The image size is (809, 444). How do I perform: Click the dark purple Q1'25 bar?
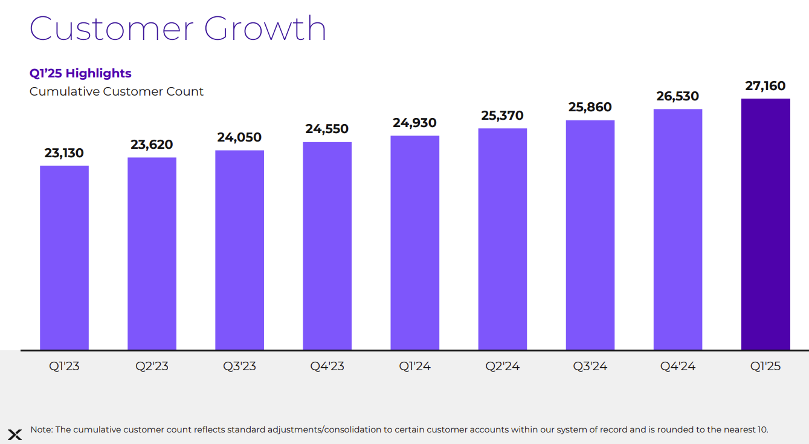pos(765,224)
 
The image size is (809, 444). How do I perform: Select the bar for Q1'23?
pos(64,257)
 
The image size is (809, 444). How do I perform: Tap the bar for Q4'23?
pos(327,246)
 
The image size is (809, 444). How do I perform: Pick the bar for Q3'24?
pos(590,235)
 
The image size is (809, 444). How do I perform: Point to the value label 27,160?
pos(765,87)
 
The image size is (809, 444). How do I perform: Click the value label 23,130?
pos(64,153)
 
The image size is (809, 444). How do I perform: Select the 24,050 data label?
pos(239,137)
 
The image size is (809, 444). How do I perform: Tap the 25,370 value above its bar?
pos(502,116)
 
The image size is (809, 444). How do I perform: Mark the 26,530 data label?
pos(677,96)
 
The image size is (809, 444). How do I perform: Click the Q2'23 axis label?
pos(152,367)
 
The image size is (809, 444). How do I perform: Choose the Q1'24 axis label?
pos(414,367)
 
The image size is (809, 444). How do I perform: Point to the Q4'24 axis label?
pos(677,367)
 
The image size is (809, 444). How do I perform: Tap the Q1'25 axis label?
pos(765,367)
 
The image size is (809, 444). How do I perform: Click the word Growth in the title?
pos(265,29)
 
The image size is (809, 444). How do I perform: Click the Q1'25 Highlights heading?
pos(80,73)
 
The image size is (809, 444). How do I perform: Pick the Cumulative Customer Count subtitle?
pos(117,92)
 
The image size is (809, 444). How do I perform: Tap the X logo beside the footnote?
pos(15,434)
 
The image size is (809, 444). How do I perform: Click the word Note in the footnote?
pos(41,429)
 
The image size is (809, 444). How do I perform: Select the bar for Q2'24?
pos(502,239)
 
